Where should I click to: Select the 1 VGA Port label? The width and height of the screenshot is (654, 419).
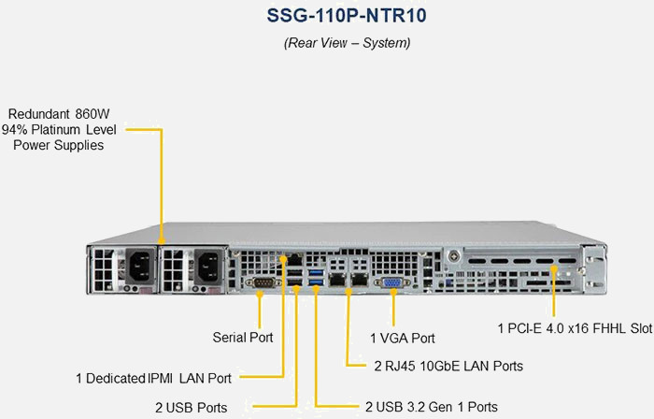[403, 338]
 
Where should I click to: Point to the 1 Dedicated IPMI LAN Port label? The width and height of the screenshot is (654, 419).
[153, 379]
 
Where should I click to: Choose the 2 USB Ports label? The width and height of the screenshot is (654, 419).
[191, 407]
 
